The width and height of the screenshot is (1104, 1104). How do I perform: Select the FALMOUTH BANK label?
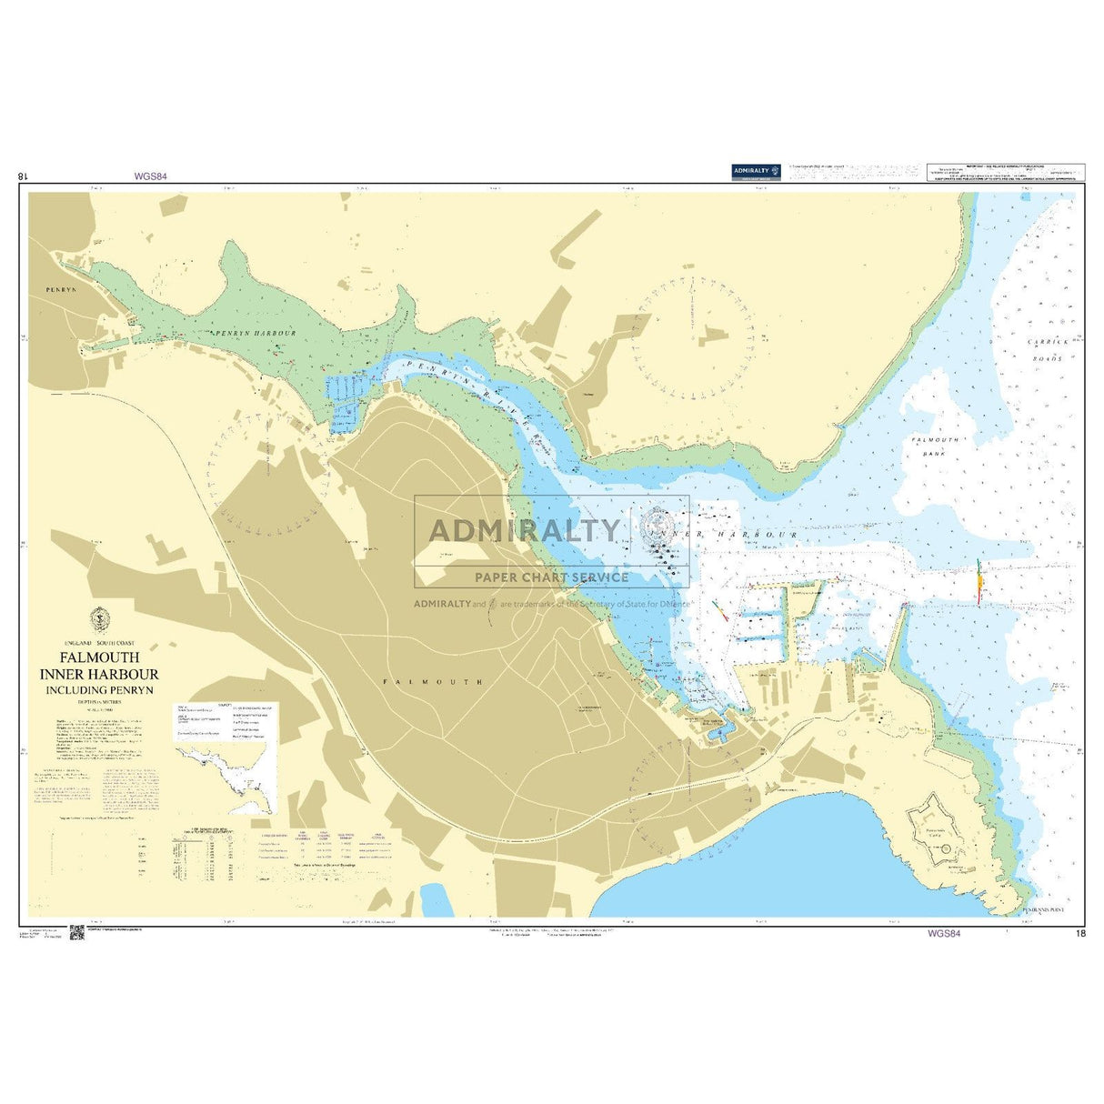[x=935, y=446]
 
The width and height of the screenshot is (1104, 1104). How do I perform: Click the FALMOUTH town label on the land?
[x=433, y=681]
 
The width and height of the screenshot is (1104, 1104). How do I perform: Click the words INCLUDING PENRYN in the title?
[x=100, y=689]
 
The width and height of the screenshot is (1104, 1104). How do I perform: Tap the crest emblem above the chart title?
[x=99, y=618]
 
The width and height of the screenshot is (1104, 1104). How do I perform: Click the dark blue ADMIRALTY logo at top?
[x=757, y=171]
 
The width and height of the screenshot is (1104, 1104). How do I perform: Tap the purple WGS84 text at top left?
[x=150, y=177]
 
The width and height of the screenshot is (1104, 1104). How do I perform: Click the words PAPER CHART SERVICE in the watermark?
[x=551, y=577]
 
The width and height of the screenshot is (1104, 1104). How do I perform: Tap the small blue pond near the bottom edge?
[x=437, y=898]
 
